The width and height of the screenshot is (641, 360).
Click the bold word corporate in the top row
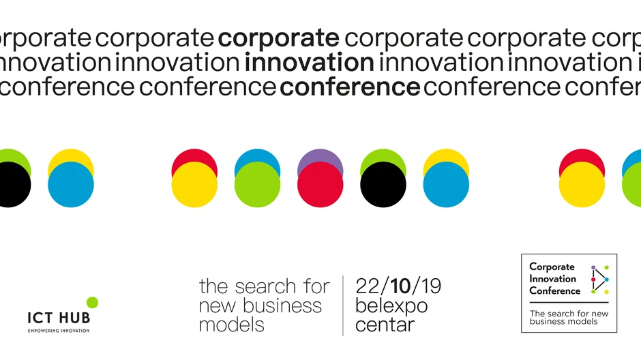pyautogui.click(x=278, y=38)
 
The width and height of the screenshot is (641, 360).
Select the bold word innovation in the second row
pyautogui.click(x=309, y=63)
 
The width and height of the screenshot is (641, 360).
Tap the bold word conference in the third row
pyautogui.click(x=350, y=87)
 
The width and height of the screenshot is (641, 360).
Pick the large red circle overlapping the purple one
pyautogui.click(x=320, y=185)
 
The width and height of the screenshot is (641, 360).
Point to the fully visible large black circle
pyautogui.click(x=383, y=185)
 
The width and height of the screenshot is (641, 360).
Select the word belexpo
pyautogui.click(x=391, y=306)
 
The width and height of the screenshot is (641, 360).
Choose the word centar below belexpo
pyautogui.click(x=385, y=325)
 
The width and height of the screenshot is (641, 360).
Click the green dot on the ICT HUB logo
pyautogui.click(x=92, y=302)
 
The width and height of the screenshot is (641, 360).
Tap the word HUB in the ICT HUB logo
pyautogui.click(x=74, y=318)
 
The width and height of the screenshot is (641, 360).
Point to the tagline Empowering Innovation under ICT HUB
pyautogui.click(x=58, y=331)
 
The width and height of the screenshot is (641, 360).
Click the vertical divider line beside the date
pyautogui.click(x=343, y=305)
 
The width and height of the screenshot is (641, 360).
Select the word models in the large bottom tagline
pyautogui.click(x=231, y=325)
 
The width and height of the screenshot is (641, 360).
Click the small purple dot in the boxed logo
pyautogui.click(x=593, y=268)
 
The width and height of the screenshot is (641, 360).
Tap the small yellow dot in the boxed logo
pyautogui.click(x=607, y=292)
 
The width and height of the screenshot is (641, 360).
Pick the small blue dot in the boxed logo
pyautogui.click(x=607, y=280)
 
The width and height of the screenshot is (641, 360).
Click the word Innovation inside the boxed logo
pyautogui.click(x=552, y=279)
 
